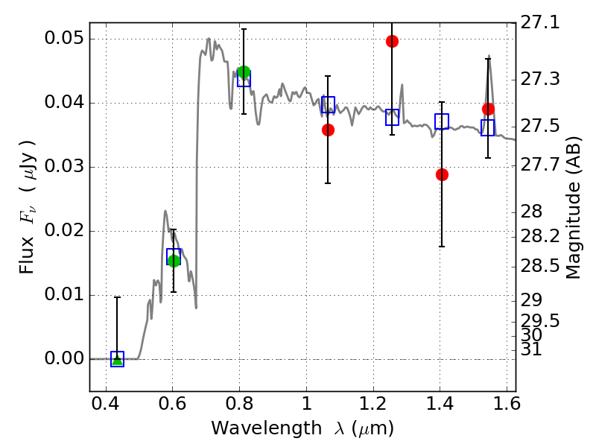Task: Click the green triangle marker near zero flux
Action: pos(118,360)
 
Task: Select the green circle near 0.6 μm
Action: pos(174,261)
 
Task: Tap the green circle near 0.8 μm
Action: pos(244,72)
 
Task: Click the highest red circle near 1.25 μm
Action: pos(393,41)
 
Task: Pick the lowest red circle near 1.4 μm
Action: pos(442,175)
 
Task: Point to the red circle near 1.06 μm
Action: pos(328,130)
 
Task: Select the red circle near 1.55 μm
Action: pos(489,109)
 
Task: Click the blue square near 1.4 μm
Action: pos(442,121)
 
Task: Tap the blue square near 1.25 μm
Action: pos(393,117)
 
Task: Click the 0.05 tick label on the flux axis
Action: pos(64,39)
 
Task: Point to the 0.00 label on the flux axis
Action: pos(64,358)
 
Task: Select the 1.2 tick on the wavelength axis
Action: pos(374,404)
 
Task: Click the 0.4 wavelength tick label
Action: pos(106,404)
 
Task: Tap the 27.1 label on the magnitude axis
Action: pos(539,22)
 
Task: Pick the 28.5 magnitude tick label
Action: pos(539,266)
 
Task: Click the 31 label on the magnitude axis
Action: pos(531,349)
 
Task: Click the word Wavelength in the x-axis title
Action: pos(267,428)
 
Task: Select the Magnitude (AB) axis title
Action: pos(574,208)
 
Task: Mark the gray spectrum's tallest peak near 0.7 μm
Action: pos(209,39)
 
